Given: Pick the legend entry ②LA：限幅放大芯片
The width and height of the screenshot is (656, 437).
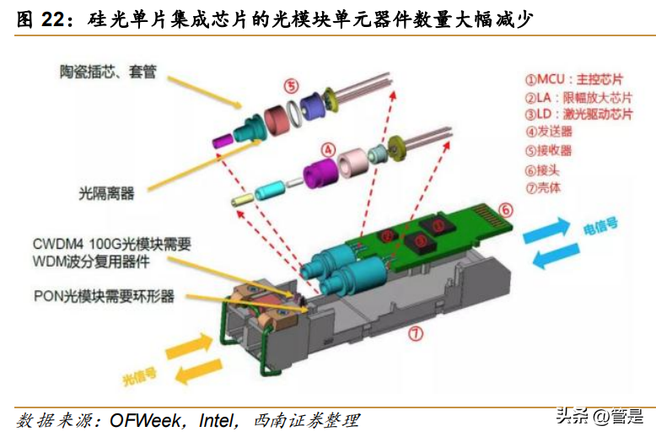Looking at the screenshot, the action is click(x=578, y=98).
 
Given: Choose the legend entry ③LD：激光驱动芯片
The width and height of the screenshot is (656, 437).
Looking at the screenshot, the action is click(x=578, y=115).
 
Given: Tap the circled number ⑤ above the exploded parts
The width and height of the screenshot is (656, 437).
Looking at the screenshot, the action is click(x=291, y=86).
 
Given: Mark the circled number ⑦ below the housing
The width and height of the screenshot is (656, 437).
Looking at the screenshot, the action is click(x=415, y=333).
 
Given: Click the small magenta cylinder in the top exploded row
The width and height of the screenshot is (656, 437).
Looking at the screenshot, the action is click(x=220, y=138).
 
